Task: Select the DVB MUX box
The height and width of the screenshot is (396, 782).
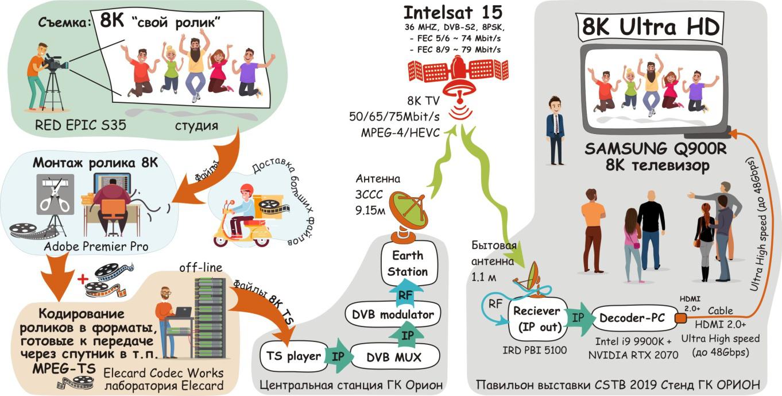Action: pos(393,357)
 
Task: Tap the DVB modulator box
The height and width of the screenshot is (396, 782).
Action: pos(393,314)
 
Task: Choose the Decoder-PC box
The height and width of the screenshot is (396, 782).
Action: pos(628,318)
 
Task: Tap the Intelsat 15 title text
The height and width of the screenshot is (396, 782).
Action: pos(453,13)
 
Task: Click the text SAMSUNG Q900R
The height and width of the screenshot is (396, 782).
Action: pos(655,149)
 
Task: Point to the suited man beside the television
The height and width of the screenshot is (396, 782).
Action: pos(555,129)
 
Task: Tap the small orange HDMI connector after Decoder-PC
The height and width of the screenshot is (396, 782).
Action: pos(680,318)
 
